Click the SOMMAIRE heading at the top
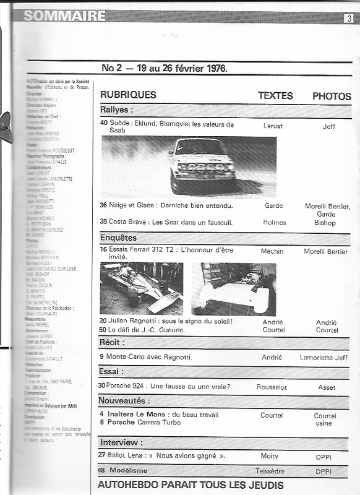point(64,16)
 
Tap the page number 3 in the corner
point(349,19)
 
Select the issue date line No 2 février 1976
point(164,67)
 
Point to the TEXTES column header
point(275,96)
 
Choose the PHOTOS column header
point(332,96)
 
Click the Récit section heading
point(111,343)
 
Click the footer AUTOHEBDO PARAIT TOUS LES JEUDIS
point(191,485)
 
